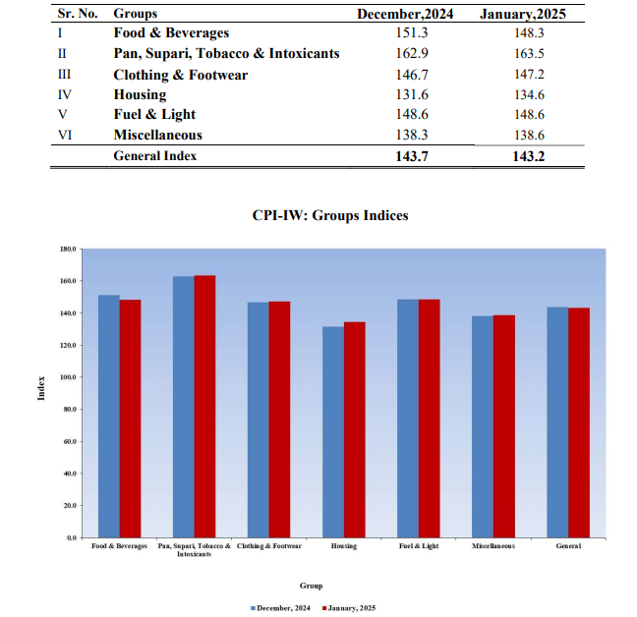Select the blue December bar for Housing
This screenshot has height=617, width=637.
333,432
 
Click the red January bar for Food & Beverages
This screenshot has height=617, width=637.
130,419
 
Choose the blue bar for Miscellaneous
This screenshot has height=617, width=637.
482,426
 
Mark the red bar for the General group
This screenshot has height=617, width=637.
578,422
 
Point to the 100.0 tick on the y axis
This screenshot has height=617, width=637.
67,377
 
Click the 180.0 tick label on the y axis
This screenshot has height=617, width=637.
67,249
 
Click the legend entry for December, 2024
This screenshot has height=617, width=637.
282,609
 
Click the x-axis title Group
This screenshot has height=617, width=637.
311,586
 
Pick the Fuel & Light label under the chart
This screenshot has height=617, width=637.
419,546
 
